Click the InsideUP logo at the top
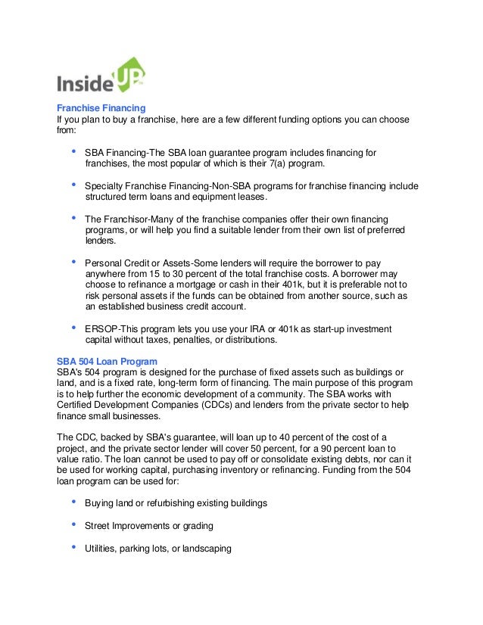pos(101,75)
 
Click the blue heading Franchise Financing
pos(101,107)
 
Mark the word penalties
pos(198,340)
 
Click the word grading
pos(195,526)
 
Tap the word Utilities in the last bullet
pos(101,549)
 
